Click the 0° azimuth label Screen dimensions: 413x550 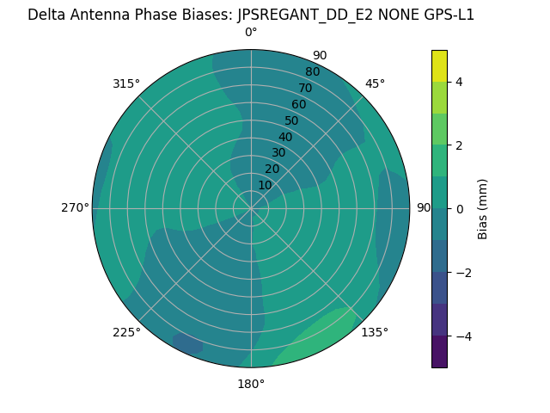pyautogui.click(x=251, y=33)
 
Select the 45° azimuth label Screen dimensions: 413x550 pyautogui.click(x=375, y=83)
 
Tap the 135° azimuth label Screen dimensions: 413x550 pyautogui.click(x=375, y=332)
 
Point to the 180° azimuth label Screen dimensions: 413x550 pyautogui.click(x=251, y=384)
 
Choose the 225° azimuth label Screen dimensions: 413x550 pyautogui.click(x=126, y=332)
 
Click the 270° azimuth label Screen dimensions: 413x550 pyautogui.click(x=76, y=208)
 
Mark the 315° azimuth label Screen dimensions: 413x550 pyautogui.click(x=126, y=83)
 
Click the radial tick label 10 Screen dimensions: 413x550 pyautogui.click(x=265, y=185)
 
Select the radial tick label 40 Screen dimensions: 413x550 pyautogui.click(x=285, y=137)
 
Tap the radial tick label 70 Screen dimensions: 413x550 pyautogui.click(x=305, y=88)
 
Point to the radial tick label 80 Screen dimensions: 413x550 pyautogui.click(x=312, y=72)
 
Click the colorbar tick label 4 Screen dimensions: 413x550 pyautogui.click(x=460, y=82)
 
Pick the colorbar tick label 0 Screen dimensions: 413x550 pyautogui.click(x=460, y=209)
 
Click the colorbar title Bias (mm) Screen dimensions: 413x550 pyautogui.click(x=483, y=209)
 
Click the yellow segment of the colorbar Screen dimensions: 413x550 pyautogui.click(x=439, y=65)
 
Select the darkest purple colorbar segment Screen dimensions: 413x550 pyautogui.click(x=439, y=352)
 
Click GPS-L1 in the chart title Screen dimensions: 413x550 pyautogui.click(x=444, y=15)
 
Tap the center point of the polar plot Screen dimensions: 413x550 pyautogui.click(x=251, y=208)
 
